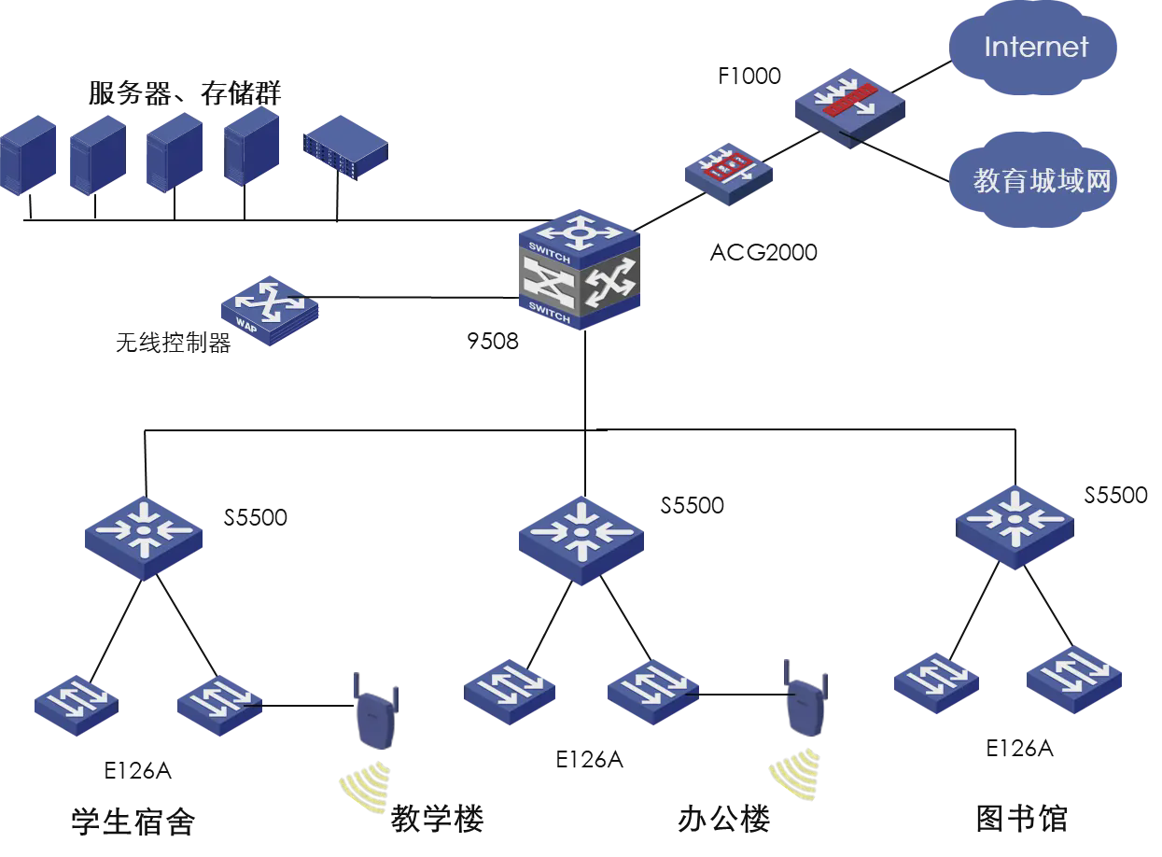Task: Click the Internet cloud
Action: pos(1034,48)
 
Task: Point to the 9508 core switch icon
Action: pos(579,271)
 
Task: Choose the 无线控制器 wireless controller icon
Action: pos(269,310)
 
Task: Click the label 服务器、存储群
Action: pos(185,93)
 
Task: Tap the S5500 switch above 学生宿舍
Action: pos(144,533)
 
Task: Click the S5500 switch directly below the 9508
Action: pos(580,536)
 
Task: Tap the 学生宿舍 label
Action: pos(133,822)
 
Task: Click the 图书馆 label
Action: pos(1020,819)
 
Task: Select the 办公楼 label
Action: pos(723,820)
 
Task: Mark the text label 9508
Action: pos(492,341)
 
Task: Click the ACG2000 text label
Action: pos(763,252)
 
